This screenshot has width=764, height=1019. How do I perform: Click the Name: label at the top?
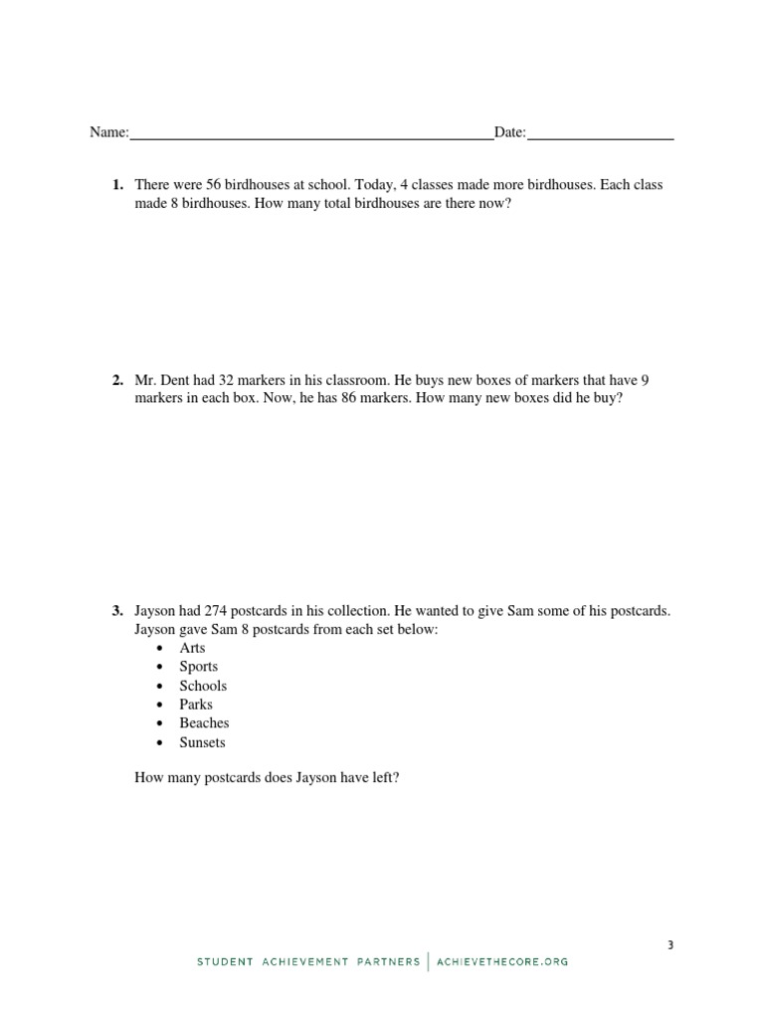pyautogui.click(x=109, y=132)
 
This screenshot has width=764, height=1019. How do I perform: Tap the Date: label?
pyautogui.click(x=510, y=132)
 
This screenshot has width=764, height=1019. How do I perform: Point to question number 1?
pyautogui.click(x=117, y=185)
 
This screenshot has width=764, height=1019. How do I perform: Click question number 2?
pyautogui.click(x=117, y=380)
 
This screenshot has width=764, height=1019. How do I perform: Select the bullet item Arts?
pyautogui.click(x=192, y=648)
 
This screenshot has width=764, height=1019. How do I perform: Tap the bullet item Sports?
pyautogui.click(x=198, y=667)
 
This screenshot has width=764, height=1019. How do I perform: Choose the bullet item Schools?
pyautogui.click(x=203, y=686)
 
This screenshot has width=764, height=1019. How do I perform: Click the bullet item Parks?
pyautogui.click(x=196, y=705)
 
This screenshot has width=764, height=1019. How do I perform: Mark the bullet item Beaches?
pyautogui.click(x=204, y=723)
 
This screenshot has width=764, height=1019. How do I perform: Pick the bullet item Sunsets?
pyautogui.click(x=202, y=742)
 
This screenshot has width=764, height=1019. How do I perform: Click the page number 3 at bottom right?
pyautogui.click(x=670, y=945)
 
